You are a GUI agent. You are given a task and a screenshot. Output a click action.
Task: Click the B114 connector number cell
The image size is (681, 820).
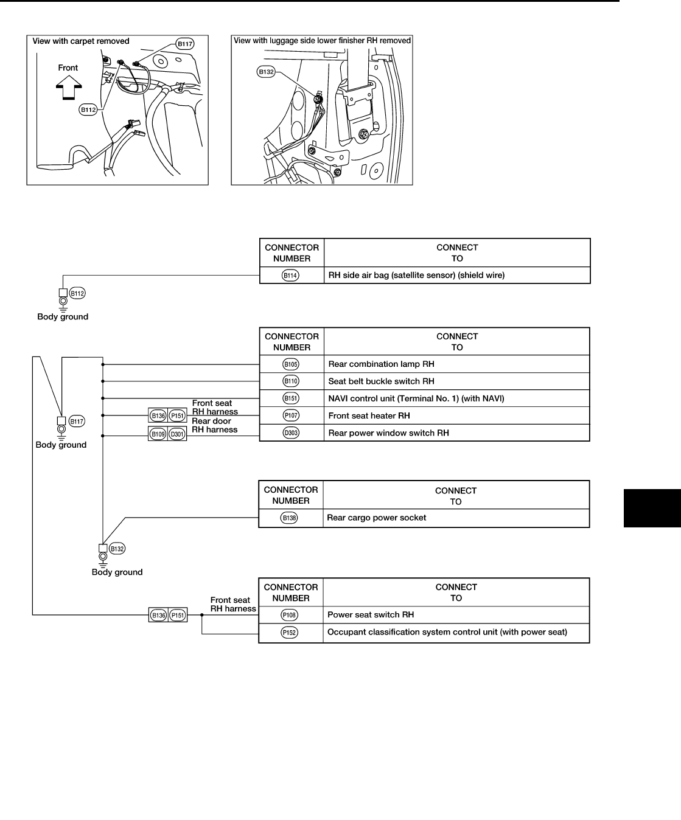point(291,276)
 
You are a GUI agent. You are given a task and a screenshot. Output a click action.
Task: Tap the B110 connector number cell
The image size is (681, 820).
point(291,381)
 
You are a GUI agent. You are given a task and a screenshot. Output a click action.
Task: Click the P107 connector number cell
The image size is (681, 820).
point(291,415)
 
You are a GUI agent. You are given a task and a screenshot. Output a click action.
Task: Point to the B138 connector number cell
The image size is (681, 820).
point(290,518)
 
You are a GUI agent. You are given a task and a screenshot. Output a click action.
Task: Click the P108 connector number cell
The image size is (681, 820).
point(290,615)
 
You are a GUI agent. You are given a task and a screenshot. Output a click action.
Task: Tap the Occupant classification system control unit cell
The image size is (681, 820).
point(447,633)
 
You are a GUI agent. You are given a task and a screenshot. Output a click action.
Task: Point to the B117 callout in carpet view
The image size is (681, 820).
point(184,44)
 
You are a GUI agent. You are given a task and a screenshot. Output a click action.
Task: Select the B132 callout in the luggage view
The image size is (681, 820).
point(267,72)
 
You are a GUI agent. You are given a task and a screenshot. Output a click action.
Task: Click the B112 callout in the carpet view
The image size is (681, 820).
point(88,110)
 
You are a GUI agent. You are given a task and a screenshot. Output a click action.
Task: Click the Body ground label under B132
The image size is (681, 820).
point(117,572)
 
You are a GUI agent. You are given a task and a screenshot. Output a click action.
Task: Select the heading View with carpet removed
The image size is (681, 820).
point(81,41)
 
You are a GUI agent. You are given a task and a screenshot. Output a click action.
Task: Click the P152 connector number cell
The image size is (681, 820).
point(290,633)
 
